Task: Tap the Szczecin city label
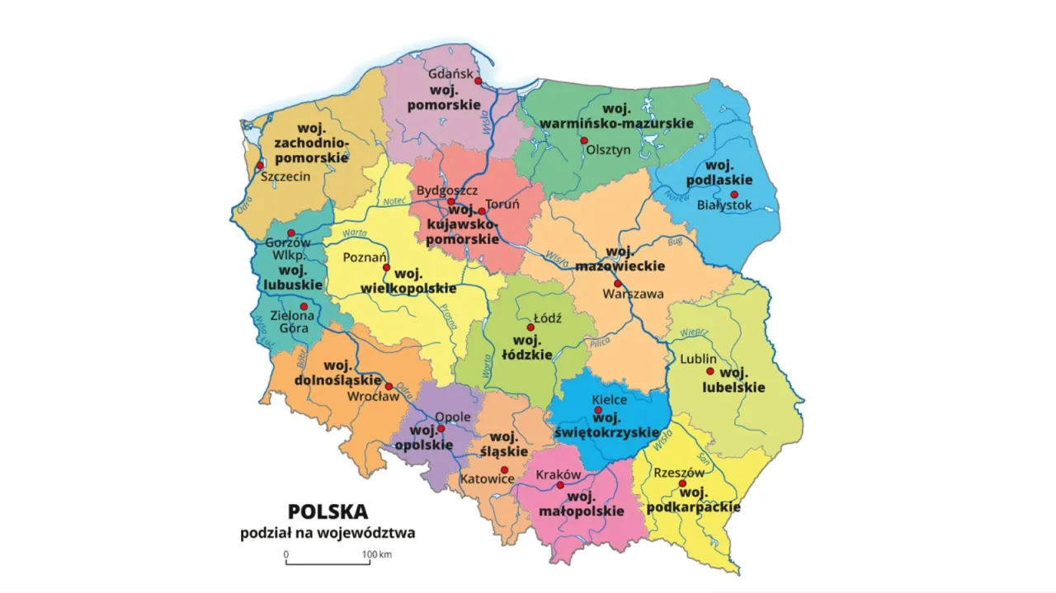(x=285, y=176)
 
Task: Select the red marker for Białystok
(x=733, y=194)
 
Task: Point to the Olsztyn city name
(x=608, y=150)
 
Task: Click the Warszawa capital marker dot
(x=617, y=283)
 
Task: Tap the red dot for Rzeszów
(x=682, y=483)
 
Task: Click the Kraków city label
(x=559, y=475)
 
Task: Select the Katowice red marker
(x=504, y=469)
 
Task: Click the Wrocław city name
(x=373, y=397)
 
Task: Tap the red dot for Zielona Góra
(x=304, y=306)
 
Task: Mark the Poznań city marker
(x=386, y=267)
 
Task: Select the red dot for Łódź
(x=530, y=327)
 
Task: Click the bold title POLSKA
(x=328, y=511)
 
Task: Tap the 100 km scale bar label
(x=376, y=554)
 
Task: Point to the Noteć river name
(x=391, y=200)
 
